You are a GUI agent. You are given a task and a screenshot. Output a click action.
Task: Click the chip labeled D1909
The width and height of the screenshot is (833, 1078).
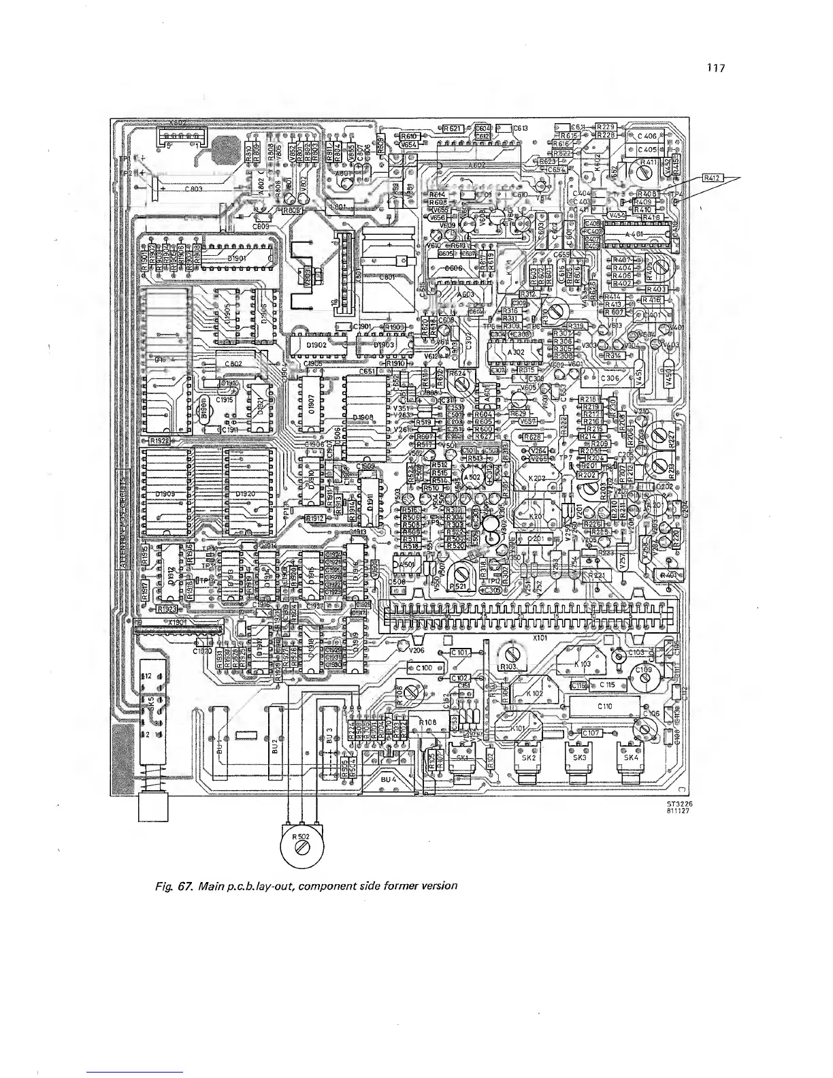166,493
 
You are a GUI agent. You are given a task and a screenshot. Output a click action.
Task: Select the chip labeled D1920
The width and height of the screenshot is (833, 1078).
246,493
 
